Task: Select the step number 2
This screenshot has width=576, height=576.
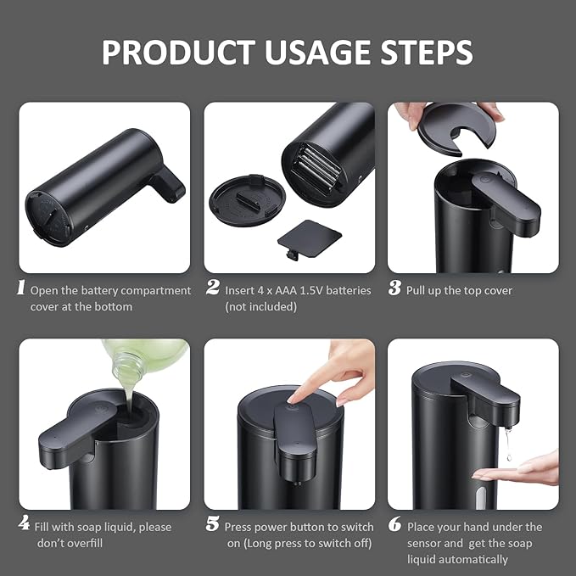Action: [212, 288]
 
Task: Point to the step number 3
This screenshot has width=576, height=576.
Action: [394, 288]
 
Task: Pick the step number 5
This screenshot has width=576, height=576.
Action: [212, 525]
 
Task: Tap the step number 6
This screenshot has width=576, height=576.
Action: [394, 525]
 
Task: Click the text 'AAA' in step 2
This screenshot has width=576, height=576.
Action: [288, 290]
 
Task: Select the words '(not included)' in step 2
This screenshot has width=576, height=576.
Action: [261, 306]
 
